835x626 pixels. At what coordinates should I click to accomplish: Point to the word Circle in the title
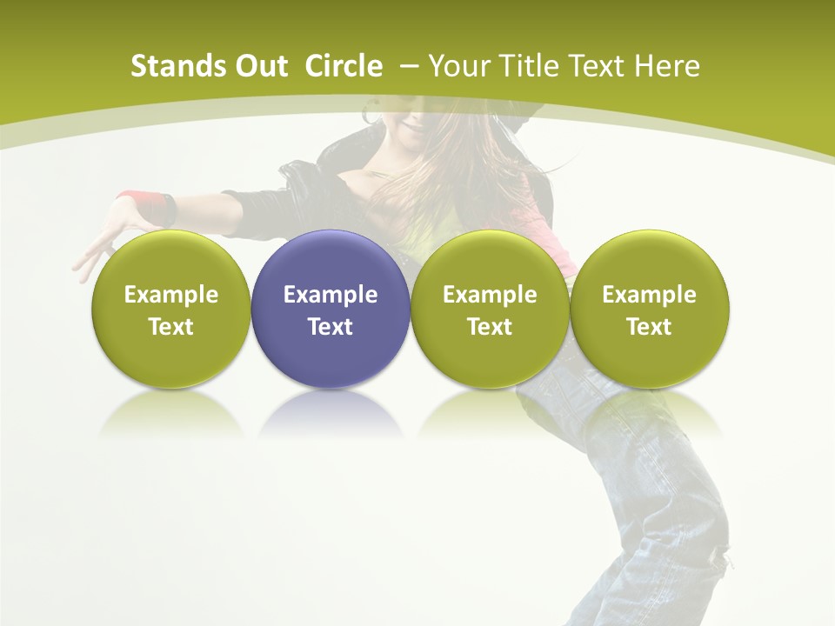pos(344,66)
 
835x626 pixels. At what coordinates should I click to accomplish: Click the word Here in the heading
pos(668,66)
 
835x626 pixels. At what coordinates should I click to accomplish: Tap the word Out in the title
pos(257,66)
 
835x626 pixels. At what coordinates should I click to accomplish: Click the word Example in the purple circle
pos(331,295)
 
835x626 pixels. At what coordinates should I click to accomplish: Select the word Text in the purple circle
pos(331,327)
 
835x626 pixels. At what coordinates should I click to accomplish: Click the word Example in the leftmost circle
pos(171,295)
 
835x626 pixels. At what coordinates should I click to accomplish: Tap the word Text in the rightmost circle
pos(649,327)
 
